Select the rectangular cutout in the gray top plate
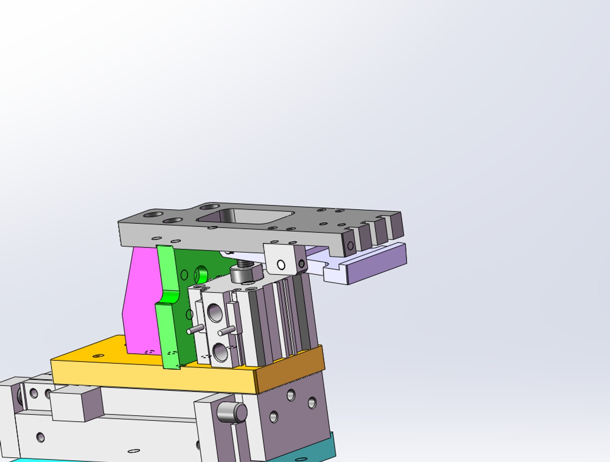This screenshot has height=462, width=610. [x=246, y=216]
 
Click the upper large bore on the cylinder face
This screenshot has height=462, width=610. [x=215, y=313]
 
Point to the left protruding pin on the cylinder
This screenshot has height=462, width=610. [x=196, y=329]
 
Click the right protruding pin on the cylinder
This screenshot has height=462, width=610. [x=226, y=331]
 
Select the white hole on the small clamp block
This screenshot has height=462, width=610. [x=281, y=265]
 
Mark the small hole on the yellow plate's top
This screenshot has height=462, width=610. [x=98, y=355]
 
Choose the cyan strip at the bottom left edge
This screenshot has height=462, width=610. [x=26, y=460]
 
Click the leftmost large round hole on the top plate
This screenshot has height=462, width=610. [x=153, y=214]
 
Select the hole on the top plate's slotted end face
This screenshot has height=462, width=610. [x=351, y=246]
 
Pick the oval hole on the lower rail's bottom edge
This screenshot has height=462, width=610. [x=134, y=451]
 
